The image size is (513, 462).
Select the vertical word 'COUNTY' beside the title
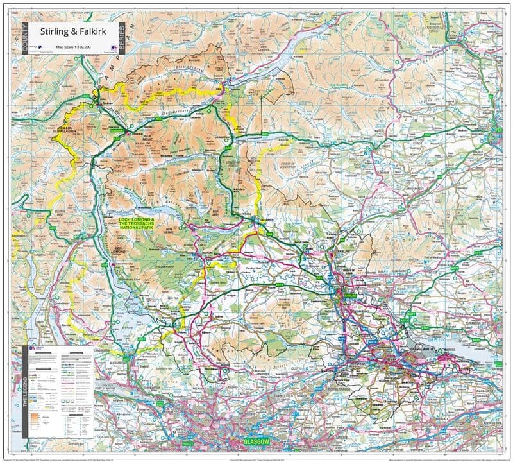coord(25,38)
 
